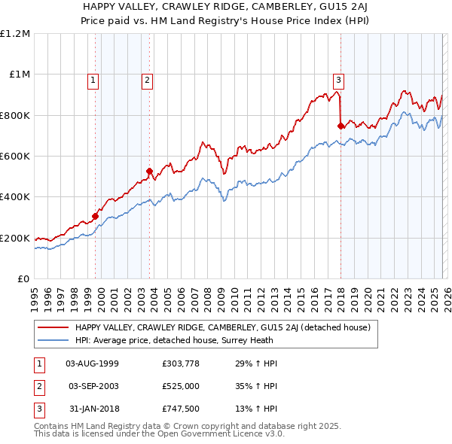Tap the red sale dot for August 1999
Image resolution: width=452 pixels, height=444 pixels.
[96, 217]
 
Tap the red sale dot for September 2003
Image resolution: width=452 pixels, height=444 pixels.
[149, 172]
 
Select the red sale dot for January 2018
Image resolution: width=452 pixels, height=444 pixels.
[341, 126]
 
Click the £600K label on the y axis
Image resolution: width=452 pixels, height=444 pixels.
[15, 156]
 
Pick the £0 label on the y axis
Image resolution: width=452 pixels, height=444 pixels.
[23, 278]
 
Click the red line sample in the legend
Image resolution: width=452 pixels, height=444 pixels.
[53, 328]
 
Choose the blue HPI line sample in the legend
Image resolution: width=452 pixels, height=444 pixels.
[53, 339]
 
